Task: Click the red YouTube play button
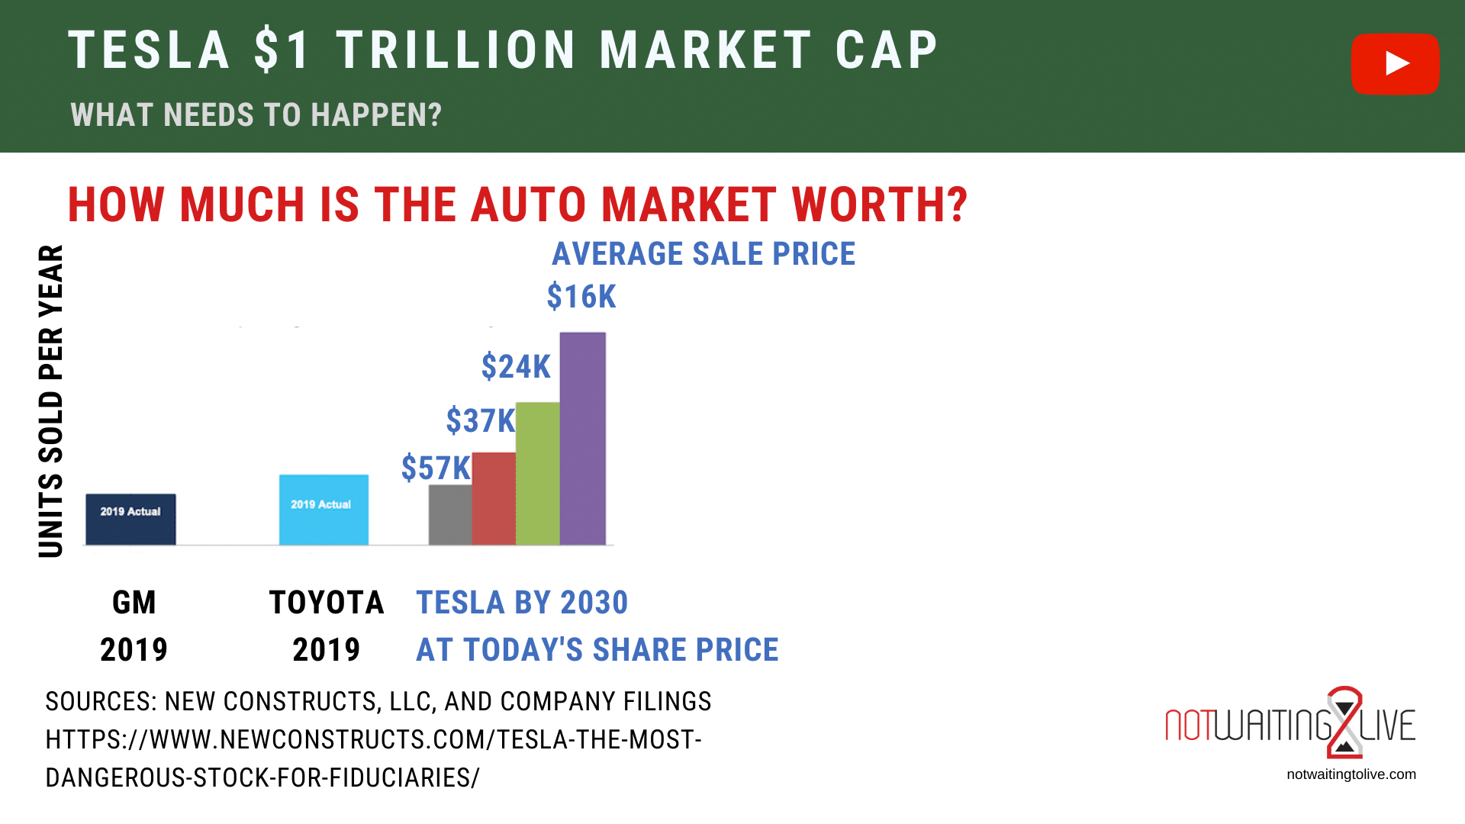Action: (x=1395, y=64)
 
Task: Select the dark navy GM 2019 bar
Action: (x=130, y=520)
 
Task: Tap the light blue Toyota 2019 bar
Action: (x=324, y=510)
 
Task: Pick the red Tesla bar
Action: (x=494, y=499)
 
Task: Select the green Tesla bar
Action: (x=537, y=474)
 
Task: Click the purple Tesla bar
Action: (x=583, y=439)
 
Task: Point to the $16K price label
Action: (x=581, y=297)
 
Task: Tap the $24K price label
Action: (x=516, y=367)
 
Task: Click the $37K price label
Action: (x=481, y=421)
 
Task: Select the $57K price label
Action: (x=436, y=468)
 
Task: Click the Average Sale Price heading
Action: (x=704, y=254)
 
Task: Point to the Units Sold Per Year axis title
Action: (x=51, y=401)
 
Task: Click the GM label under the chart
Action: (x=134, y=603)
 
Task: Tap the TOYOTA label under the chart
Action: (x=327, y=603)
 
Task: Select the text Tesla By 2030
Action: (x=522, y=603)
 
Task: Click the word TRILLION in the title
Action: (x=456, y=51)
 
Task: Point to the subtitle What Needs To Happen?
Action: (x=256, y=115)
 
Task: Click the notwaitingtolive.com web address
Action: (x=1351, y=774)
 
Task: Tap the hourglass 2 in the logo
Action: (x=1344, y=722)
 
